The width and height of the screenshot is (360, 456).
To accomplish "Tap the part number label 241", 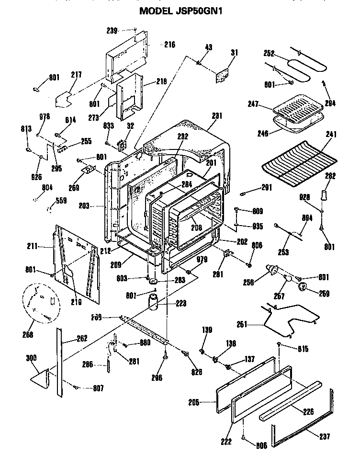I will tap(329, 135).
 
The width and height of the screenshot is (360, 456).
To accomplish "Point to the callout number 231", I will tap(217, 115).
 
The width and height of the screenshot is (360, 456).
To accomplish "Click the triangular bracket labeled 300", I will tap(41, 377).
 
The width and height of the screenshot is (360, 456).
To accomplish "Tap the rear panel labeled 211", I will tap(77, 262).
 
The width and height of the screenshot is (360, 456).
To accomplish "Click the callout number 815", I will tap(303, 349).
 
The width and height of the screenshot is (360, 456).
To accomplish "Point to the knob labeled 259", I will tap(302, 287).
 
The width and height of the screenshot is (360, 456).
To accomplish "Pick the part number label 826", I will tap(197, 371).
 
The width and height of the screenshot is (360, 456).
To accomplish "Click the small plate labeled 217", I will tap(65, 100).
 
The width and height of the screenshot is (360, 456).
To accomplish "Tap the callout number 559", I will tap(61, 201).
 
